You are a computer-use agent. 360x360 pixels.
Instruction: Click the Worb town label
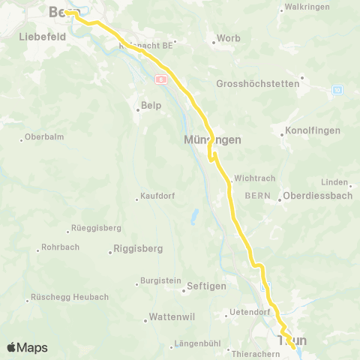coord(228,38)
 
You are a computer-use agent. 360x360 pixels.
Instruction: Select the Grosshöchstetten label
coord(257,84)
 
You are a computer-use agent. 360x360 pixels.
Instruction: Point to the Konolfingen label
coord(314,130)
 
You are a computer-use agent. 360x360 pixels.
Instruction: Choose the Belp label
coord(152,106)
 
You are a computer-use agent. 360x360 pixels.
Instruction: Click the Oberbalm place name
coord(42,136)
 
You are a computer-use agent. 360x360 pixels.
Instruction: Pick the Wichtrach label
coord(255,178)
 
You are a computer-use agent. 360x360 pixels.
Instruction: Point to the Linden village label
coord(334,182)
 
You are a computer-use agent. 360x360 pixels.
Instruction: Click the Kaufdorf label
coord(157,196)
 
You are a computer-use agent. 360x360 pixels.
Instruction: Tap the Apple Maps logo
coord(27,347)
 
